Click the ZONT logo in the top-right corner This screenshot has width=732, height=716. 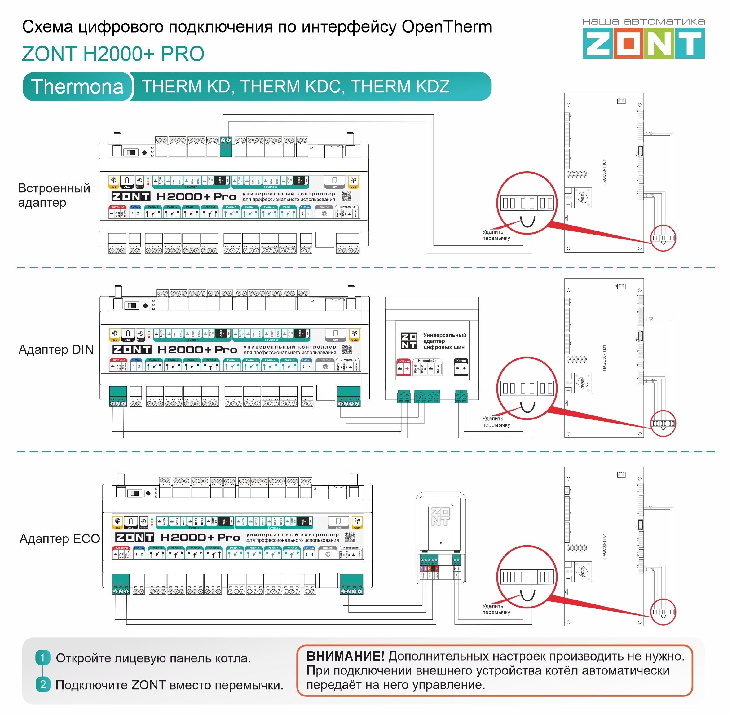pos(643,44)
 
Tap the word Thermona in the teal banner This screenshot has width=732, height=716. pos(77,87)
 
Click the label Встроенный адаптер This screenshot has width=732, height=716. pos(54,195)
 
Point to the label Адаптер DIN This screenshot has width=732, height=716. pos(56,349)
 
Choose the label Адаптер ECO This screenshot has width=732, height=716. pos(60,538)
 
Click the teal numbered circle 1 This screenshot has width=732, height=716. pos(42,658)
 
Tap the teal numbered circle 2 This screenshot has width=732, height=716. pos(42,684)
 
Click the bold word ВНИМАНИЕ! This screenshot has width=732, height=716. pos(345,656)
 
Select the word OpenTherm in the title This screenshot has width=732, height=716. pos(447,27)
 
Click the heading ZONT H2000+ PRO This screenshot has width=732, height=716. pos(113,54)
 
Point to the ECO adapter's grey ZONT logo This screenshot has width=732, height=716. pos(440,516)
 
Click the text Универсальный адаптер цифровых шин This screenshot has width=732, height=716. pos(444,341)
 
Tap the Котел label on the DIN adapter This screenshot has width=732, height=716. pos(461,361)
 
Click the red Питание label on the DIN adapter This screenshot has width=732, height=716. pos(403,361)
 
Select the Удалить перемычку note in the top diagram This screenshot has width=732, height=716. pos(496,235)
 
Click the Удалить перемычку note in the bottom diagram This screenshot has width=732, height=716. pos(496,609)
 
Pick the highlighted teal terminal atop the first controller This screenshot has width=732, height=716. pos(225,146)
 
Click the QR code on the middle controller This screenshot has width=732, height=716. pos(347,350)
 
